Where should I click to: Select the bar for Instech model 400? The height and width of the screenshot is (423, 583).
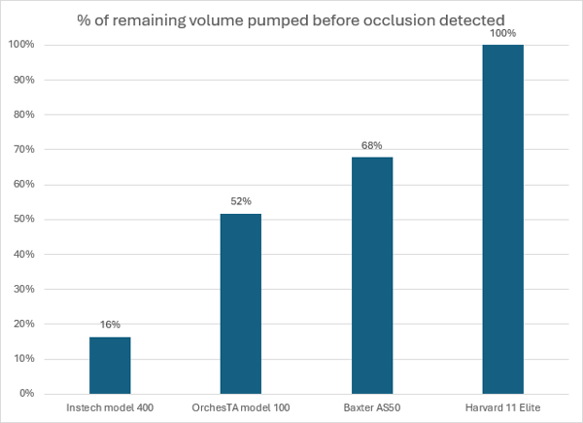pyautogui.click(x=110, y=365)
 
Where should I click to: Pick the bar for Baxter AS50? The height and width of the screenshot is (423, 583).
pyautogui.click(x=372, y=275)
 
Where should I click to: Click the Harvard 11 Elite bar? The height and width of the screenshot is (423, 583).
pyautogui.click(x=503, y=219)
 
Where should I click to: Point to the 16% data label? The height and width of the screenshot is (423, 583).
pyautogui.click(x=110, y=326)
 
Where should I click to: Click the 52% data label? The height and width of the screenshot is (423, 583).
pyautogui.click(x=241, y=201)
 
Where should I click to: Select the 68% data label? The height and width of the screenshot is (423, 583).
pyautogui.click(x=372, y=146)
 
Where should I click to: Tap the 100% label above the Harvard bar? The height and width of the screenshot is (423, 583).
pyautogui.click(x=503, y=33)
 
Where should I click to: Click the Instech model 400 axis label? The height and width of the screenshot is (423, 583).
pyautogui.click(x=110, y=406)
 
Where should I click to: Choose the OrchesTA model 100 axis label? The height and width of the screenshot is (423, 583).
pyautogui.click(x=241, y=406)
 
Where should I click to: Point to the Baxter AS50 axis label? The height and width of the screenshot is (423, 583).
pyautogui.click(x=372, y=406)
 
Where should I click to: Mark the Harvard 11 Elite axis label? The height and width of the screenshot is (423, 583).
pyautogui.click(x=503, y=406)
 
